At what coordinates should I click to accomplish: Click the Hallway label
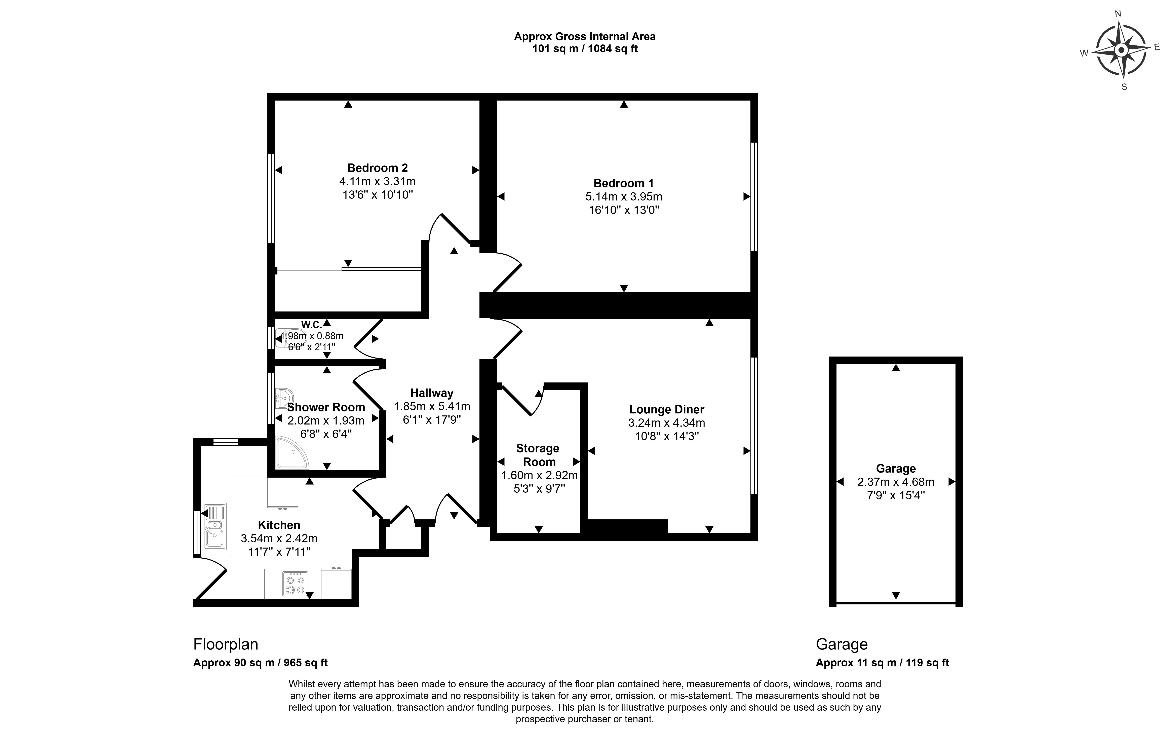[431, 393]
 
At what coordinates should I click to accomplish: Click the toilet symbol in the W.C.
[290, 337]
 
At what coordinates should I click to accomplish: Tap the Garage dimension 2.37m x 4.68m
[895, 482]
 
